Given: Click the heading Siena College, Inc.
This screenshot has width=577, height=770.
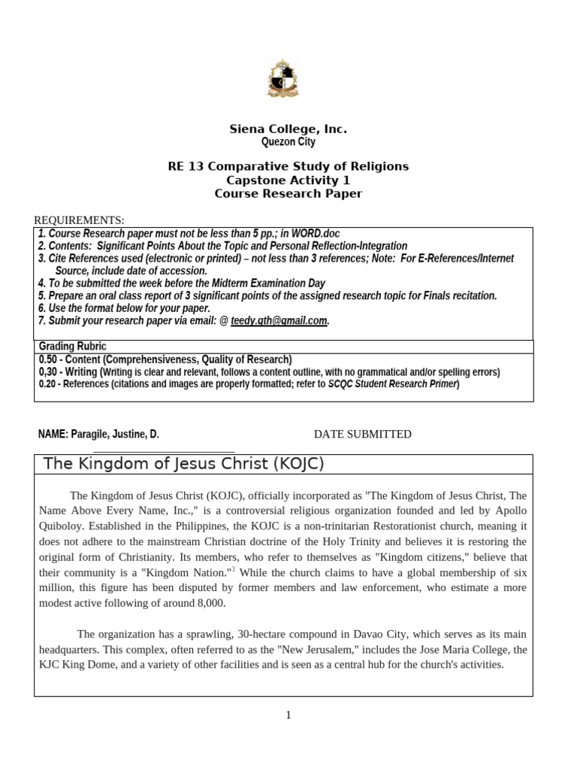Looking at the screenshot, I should click(288, 129).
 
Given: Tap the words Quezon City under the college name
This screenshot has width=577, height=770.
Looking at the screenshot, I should click(288, 141).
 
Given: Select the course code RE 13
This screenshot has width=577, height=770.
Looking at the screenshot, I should click(185, 166).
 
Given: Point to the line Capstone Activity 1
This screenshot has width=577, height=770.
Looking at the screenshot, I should click(288, 180).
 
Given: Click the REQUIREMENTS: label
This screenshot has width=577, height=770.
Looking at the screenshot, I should click(79, 220).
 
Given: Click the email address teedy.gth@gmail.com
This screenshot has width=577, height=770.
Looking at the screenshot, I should click(279, 320).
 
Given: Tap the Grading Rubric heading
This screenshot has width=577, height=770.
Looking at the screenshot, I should click(72, 347).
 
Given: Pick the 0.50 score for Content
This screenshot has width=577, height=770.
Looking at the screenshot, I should click(50, 359).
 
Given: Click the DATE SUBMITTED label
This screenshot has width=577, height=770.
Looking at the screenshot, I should click(362, 434).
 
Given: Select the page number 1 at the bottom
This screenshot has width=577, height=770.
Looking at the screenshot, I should click(288, 715).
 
